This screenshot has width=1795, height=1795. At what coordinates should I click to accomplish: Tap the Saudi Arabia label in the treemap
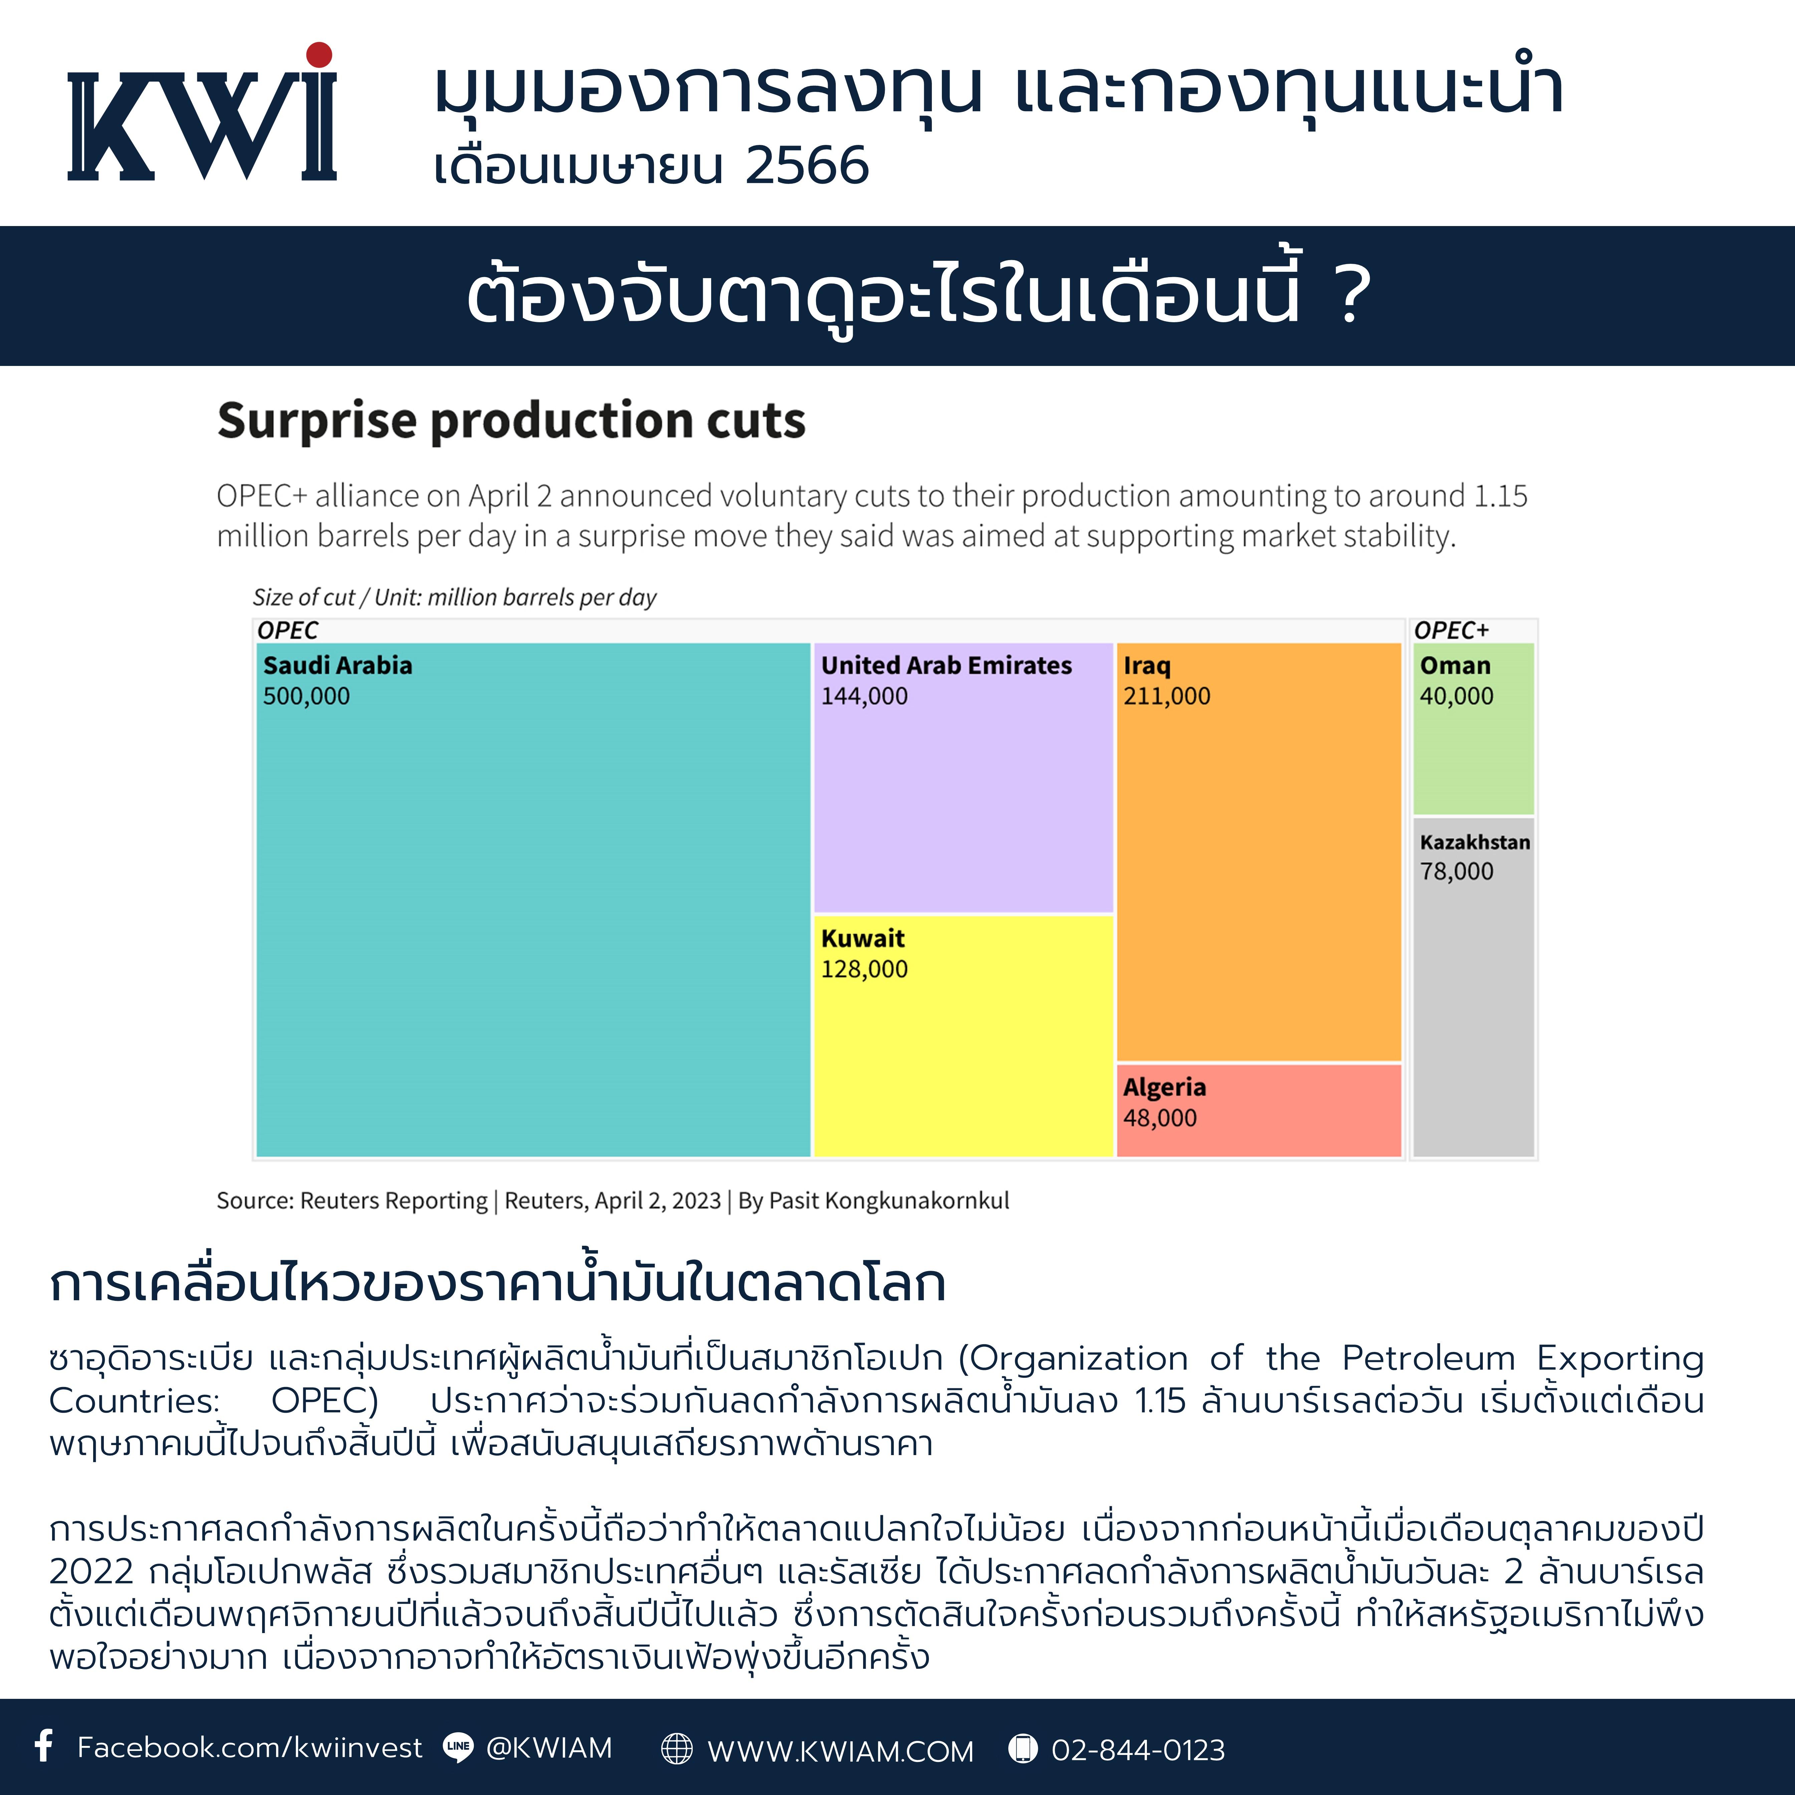point(337,665)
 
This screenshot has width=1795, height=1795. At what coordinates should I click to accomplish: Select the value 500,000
point(307,696)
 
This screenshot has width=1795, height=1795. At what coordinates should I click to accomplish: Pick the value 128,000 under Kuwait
point(864,969)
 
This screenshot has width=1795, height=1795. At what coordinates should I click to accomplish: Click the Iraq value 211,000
point(1167,696)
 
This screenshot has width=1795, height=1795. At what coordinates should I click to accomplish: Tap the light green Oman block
point(1473,729)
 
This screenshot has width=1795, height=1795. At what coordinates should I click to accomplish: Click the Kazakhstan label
point(1474,842)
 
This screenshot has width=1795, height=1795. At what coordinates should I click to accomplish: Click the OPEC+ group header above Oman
point(1451,630)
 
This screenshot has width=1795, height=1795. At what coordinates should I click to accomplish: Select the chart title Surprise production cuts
point(511,421)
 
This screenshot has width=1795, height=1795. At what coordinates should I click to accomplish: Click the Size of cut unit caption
point(454,597)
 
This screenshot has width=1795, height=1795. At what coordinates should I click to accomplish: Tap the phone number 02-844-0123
point(1138,1750)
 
